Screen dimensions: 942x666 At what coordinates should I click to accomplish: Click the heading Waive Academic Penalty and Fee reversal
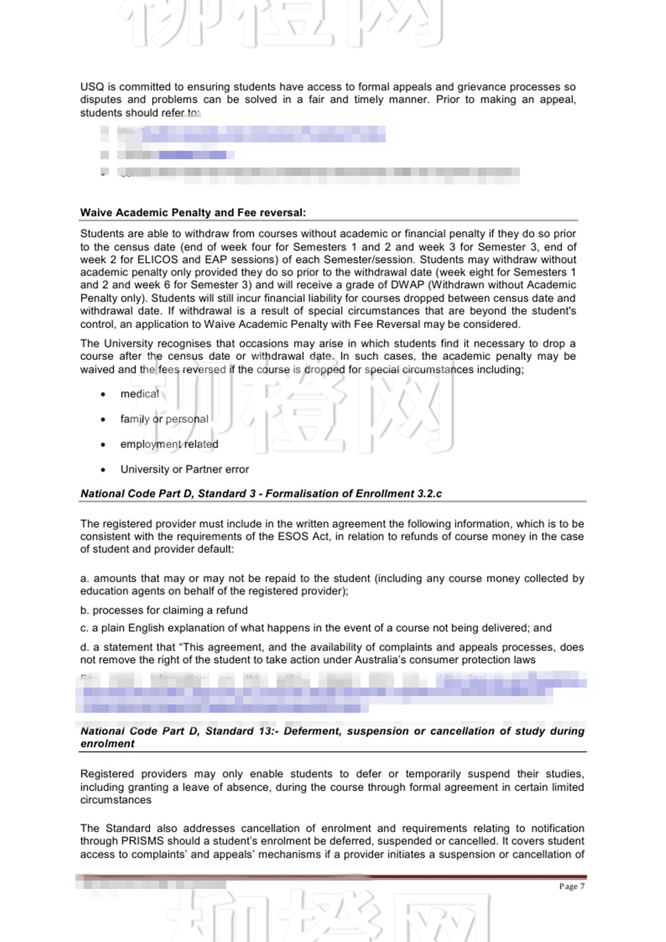tap(193, 213)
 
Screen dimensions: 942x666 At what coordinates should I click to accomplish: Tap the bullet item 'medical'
tap(139, 394)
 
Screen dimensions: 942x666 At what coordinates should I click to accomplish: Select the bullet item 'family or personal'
tap(164, 419)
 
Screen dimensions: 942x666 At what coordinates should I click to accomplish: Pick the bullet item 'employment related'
tap(169, 444)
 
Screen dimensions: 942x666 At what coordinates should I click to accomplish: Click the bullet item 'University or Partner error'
tap(185, 470)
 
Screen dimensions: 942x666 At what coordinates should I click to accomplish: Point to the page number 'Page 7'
tap(572, 886)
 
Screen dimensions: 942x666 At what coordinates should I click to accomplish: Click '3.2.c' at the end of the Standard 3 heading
tap(430, 494)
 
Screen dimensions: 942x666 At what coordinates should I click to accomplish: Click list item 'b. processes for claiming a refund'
tap(164, 610)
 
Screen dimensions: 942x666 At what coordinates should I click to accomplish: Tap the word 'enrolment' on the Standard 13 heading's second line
tap(108, 744)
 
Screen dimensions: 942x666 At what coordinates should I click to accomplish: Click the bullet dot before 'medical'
tap(103, 394)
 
